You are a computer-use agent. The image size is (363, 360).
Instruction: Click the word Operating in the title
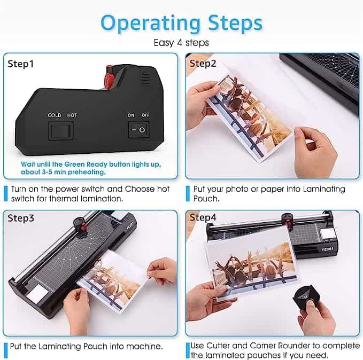[150, 24]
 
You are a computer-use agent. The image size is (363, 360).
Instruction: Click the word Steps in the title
[235, 22]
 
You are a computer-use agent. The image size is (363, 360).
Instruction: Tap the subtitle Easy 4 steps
[181, 43]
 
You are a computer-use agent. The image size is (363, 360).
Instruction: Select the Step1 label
[21, 64]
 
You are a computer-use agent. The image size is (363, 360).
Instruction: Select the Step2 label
[203, 64]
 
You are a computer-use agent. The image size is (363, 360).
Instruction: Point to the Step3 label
[21, 218]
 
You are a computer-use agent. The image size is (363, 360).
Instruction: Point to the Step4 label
[203, 217]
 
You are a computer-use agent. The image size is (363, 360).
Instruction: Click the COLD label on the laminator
[55, 115]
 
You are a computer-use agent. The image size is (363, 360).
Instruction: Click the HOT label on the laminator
[72, 115]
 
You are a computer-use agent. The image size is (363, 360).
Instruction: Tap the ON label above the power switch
[131, 115]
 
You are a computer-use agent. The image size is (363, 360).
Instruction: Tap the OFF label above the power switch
[145, 115]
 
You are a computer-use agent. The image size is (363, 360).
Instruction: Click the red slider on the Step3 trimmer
[83, 227]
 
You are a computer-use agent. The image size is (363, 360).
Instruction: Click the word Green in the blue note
[74, 165]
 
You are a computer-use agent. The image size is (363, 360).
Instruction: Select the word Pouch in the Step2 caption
[206, 199]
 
